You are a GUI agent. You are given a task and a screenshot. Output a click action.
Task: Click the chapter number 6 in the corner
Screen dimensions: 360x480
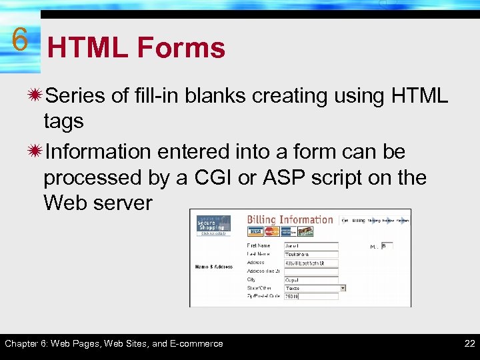(19, 40)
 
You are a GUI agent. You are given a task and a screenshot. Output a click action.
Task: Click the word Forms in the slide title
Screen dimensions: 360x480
(181, 48)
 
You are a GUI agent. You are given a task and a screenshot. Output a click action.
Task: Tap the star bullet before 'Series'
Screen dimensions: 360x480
(33, 96)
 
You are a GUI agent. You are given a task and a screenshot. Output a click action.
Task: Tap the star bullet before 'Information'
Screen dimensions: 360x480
(33, 152)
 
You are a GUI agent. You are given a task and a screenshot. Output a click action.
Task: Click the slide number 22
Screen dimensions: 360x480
(469, 343)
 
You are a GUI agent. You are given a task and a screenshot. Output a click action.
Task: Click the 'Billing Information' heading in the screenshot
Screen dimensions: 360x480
(290, 219)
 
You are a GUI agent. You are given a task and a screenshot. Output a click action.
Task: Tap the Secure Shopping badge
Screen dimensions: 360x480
(213, 225)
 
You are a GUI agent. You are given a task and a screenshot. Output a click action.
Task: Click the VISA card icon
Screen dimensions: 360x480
(255, 231)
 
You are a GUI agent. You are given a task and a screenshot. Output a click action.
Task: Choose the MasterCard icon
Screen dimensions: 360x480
(271, 231)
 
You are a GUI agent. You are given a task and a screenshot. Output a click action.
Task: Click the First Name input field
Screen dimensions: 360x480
(311, 246)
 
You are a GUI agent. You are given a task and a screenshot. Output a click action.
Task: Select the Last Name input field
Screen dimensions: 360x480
(311, 254)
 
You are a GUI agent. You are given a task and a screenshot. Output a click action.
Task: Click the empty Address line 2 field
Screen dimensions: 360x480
(311, 271)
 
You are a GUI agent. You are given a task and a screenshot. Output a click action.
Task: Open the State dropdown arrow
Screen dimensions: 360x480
(343, 288)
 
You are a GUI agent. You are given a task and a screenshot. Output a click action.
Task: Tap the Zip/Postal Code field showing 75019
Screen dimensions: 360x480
(311, 297)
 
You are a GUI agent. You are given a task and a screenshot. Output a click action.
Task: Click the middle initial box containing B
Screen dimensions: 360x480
(387, 246)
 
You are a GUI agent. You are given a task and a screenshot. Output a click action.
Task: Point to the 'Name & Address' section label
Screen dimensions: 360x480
(213, 267)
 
